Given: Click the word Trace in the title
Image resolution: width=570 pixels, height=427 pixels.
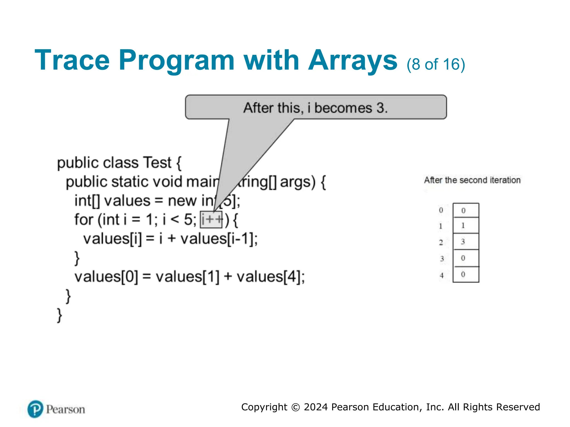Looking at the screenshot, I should click(72, 60).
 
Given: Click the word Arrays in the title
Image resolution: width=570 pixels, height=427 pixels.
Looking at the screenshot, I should click(353, 60).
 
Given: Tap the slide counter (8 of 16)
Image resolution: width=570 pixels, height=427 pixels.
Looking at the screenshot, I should click(436, 64).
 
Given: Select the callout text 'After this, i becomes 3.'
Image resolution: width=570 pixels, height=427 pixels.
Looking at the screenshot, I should click(315, 108).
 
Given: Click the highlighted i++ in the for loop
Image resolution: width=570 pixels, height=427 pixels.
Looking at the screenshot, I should click(211, 220).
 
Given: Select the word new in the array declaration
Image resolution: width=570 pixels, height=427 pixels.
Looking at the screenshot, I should click(182, 201).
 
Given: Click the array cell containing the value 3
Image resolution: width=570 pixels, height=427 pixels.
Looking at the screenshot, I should click(466, 242).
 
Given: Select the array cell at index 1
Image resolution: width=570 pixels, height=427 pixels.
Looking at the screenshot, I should click(466, 225).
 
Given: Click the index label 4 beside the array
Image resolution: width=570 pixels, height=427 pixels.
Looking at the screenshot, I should click(441, 275).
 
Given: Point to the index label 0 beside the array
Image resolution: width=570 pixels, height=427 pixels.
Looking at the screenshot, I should click(441, 210).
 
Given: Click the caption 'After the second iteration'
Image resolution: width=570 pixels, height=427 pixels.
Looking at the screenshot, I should click(472, 180).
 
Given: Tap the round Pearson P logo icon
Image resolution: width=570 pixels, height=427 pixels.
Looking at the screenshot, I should click(35, 409).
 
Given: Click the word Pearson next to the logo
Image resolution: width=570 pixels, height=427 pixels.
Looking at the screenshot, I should click(65, 409).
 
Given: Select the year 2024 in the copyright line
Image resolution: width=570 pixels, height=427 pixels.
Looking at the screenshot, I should click(316, 407).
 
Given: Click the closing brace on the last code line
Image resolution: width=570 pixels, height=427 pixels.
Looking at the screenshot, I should click(59, 315).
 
